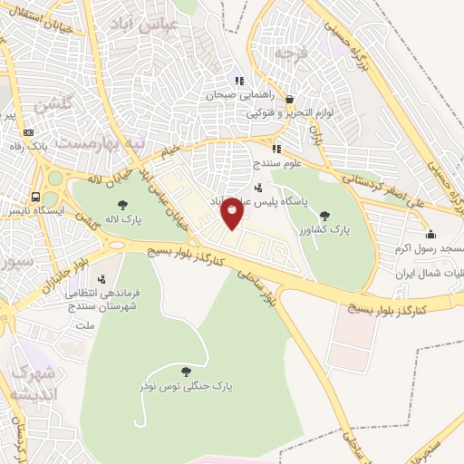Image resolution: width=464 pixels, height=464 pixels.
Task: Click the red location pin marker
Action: [x=232, y=211]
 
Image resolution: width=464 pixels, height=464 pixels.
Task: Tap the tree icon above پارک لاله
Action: [x=123, y=204]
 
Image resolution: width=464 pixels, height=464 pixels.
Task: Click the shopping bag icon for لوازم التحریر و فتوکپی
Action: [x=289, y=100]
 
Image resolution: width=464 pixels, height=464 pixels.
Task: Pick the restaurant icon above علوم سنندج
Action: [x=276, y=149]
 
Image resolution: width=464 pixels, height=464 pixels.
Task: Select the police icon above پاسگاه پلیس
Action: [x=259, y=188]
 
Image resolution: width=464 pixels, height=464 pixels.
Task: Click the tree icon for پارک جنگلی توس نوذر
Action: [x=186, y=371]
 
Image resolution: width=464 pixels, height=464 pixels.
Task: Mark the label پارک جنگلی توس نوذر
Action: [x=186, y=385]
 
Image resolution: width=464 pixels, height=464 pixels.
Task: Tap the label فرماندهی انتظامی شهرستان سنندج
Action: [x=101, y=299]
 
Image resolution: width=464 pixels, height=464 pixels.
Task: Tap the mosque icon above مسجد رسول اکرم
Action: [x=430, y=234]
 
